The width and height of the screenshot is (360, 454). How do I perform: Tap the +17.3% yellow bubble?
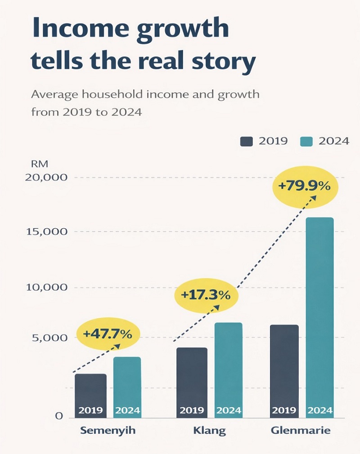coord(205,295)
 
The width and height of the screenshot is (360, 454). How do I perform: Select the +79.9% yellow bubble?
coord(305,185)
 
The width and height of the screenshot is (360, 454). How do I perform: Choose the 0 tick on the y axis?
coord(58,416)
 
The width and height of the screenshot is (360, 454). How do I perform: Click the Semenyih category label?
coord(108,431)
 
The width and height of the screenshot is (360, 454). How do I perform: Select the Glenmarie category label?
coord(301,431)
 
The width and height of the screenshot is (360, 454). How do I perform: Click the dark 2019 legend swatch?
coord(247,141)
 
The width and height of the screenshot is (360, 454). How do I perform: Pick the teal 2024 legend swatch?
coord(306,141)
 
